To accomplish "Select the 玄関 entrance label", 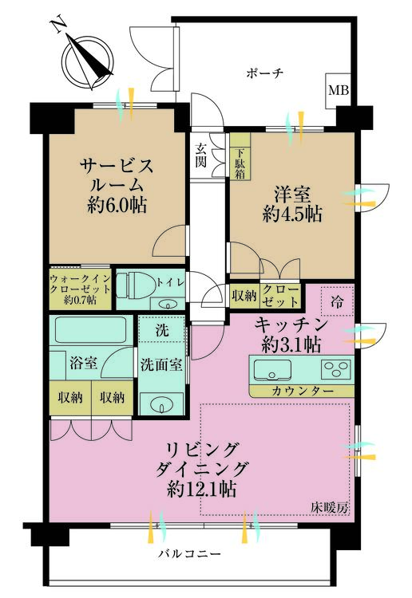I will (203, 155).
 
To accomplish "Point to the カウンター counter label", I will (302, 391).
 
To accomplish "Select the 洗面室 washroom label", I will (162, 364).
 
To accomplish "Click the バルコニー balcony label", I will (189, 553).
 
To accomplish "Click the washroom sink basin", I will (163, 402).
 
